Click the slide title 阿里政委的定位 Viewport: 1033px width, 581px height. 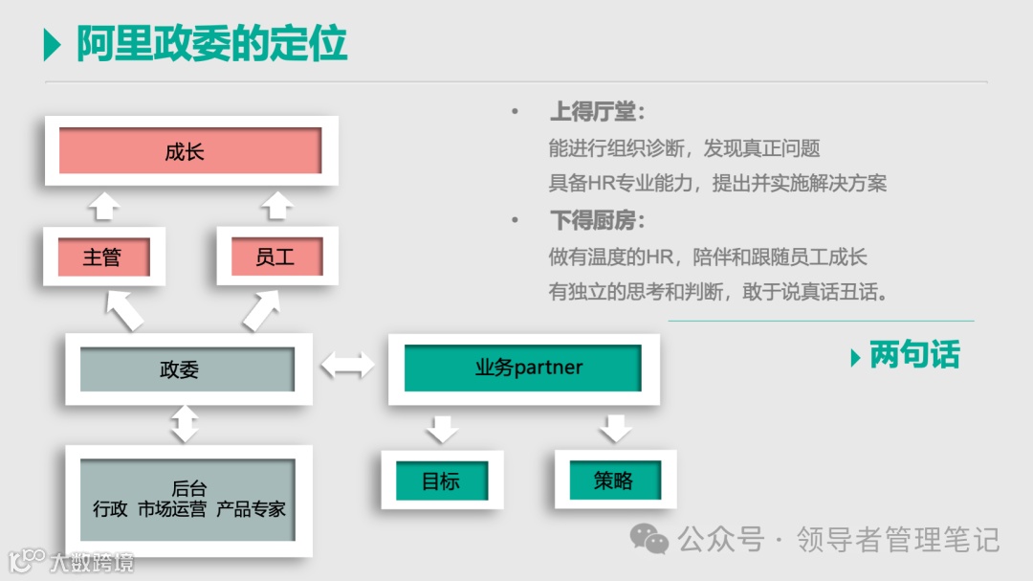click(x=211, y=44)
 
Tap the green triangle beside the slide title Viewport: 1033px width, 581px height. click(x=53, y=45)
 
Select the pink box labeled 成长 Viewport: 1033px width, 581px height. click(x=189, y=151)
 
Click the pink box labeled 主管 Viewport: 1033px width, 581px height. click(x=102, y=257)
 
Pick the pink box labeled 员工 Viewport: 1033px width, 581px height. click(x=276, y=257)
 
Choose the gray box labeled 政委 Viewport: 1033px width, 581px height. click(x=187, y=369)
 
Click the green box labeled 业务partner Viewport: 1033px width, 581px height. click(x=522, y=368)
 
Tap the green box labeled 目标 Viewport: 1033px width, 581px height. click(x=441, y=480)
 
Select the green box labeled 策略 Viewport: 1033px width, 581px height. click(x=614, y=480)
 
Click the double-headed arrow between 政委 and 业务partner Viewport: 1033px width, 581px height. click(x=348, y=365)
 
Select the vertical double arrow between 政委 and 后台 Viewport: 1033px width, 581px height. click(x=185, y=423)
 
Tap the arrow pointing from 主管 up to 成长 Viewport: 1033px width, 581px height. click(x=102, y=205)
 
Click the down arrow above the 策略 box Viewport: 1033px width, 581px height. click(x=615, y=428)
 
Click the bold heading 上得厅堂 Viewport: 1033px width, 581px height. click(x=597, y=112)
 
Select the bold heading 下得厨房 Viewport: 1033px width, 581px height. click(x=597, y=221)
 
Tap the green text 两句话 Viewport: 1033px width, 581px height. click(x=914, y=355)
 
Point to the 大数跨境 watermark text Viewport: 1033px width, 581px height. click(x=93, y=562)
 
